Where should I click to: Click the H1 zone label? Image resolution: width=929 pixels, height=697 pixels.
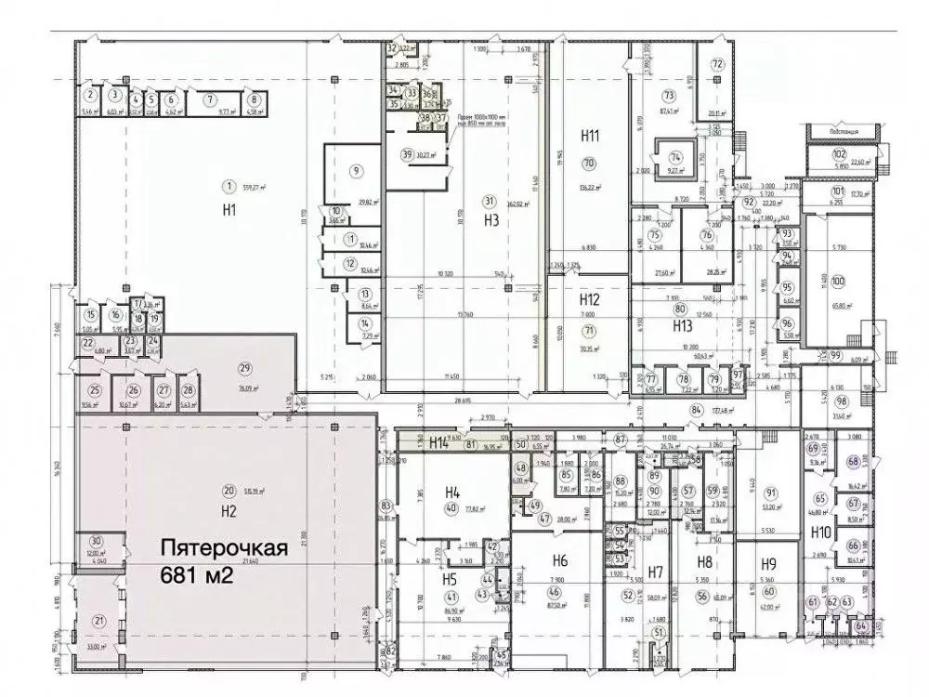coord(229,211)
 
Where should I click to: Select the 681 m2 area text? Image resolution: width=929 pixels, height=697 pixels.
coord(196,576)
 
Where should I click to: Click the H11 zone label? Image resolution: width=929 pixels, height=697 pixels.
coord(589,136)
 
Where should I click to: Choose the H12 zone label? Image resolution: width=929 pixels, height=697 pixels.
coord(589,300)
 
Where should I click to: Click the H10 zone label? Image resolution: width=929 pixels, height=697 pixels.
coord(820,533)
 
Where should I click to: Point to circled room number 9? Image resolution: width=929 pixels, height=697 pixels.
coord(355,170)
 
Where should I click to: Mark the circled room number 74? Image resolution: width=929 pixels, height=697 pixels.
coord(675,156)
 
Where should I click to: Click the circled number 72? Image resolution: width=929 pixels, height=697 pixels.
coord(716,64)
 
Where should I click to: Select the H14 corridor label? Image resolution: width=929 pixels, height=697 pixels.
coord(440,443)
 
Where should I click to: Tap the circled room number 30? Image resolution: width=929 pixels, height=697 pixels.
coord(95,542)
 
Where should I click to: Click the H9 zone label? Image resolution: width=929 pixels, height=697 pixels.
coord(768,563)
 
